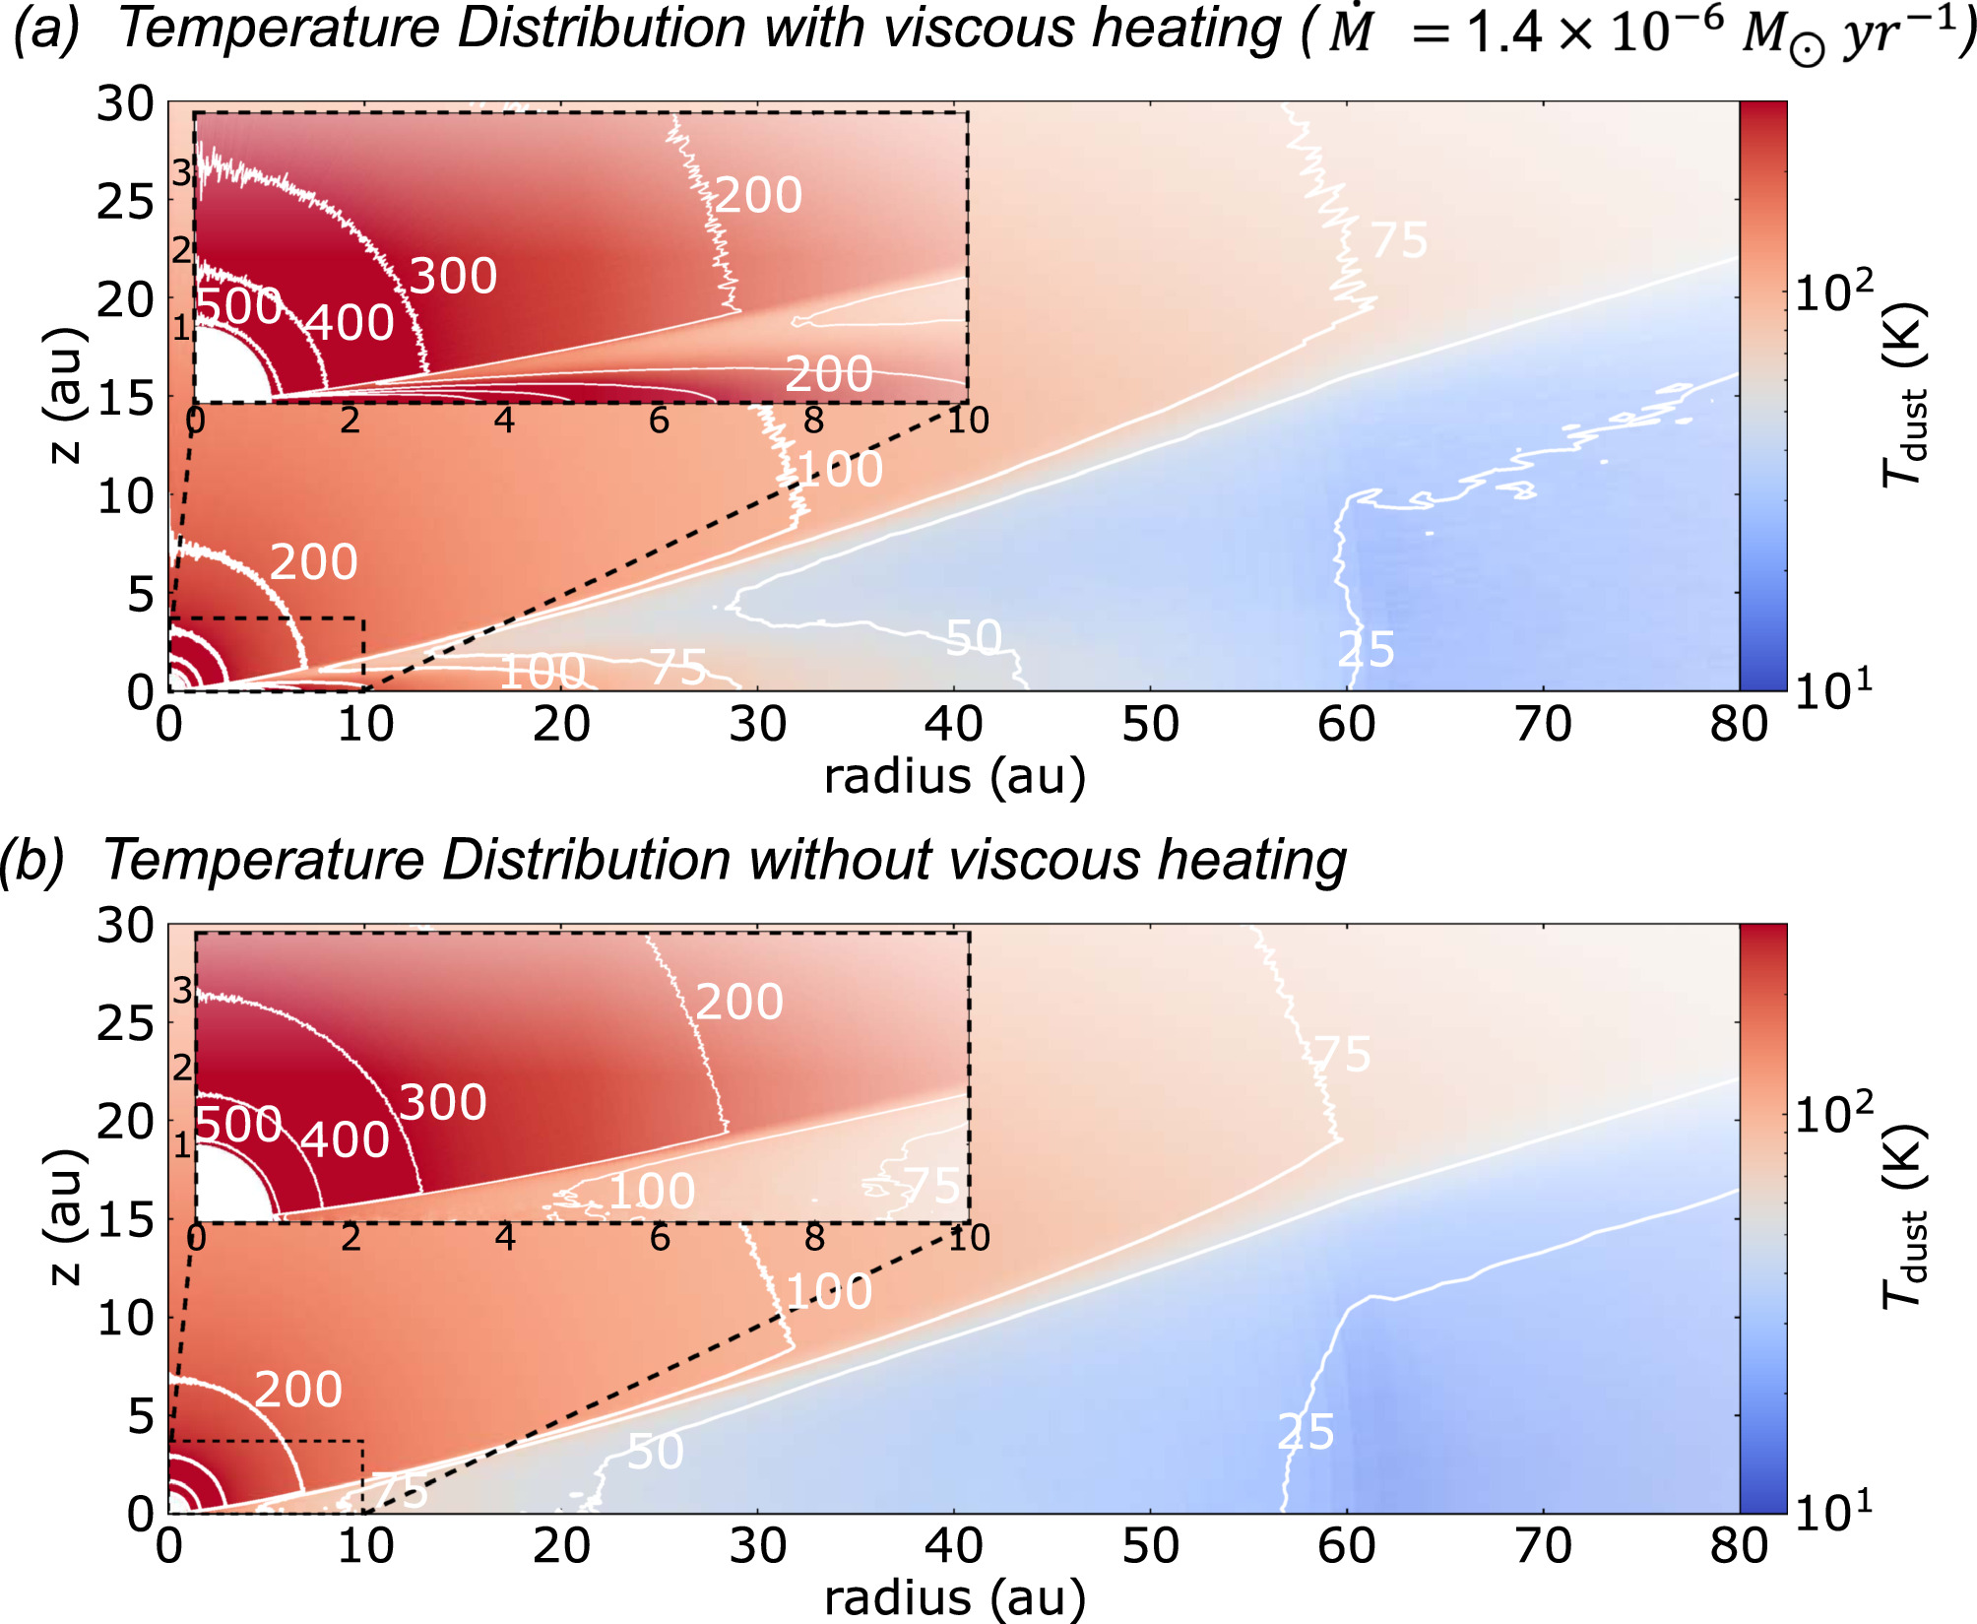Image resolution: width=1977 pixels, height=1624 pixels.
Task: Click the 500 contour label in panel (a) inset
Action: click(x=239, y=306)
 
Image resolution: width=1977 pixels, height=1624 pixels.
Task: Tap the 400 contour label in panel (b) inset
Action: click(x=345, y=1140)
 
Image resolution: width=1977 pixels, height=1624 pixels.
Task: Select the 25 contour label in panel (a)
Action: click(x=1366, y=650)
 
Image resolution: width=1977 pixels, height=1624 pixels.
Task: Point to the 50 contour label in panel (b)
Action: click(x=656, y=1452)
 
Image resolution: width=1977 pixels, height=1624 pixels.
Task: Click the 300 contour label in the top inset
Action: click(x=453, y=277)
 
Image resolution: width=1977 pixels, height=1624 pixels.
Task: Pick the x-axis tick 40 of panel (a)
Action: click(x=953, y=725)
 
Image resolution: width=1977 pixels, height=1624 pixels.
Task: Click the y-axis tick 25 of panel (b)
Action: click(x=125, y=1024)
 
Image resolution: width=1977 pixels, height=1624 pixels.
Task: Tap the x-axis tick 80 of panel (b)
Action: click(x=1738, y=1546)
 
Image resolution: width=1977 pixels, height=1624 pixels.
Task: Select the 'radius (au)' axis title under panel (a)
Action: click(x=954, y=776)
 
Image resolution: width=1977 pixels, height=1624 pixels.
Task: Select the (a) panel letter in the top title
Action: click(x=44, y=28)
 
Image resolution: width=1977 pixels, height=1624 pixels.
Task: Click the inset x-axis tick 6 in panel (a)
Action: click(x=659, y=422)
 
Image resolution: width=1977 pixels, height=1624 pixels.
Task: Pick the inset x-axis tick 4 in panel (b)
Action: click(x=505, y=1238)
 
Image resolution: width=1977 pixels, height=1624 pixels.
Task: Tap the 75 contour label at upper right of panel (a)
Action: click(x=1398, y=240)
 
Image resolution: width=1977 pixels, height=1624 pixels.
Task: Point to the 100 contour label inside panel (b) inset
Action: click(x=652, y=1192)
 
